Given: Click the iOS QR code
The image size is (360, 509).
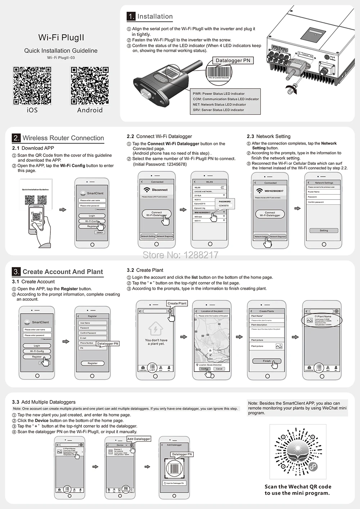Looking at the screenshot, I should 32,86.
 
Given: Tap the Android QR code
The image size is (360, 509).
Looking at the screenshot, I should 90,86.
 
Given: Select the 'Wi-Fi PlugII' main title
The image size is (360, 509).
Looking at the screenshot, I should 61,37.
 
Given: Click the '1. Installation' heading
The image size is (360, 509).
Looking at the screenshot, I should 150,17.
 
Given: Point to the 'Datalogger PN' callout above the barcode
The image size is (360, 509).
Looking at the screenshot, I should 233,60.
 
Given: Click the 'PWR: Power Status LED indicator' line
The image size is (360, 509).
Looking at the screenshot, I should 219,94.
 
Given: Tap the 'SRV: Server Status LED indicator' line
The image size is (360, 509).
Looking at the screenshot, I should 219,110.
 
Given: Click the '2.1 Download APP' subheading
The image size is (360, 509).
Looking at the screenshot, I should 33,148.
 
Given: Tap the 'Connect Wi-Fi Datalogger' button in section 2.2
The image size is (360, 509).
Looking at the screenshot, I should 157,214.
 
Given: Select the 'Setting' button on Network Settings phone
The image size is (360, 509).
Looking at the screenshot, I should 324,230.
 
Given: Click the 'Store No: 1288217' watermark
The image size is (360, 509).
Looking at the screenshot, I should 180,255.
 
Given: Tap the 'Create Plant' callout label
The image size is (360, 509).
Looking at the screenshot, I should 177,303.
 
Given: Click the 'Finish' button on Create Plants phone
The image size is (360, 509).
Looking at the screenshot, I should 267,361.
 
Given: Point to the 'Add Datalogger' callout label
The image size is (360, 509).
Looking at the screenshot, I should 139,439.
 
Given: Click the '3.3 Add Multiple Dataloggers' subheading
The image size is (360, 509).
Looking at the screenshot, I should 44,402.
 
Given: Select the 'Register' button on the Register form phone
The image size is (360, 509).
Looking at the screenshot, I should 93,363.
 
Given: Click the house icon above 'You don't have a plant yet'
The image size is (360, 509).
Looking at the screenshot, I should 156,329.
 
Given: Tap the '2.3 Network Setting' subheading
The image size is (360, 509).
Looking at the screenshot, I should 269,136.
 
